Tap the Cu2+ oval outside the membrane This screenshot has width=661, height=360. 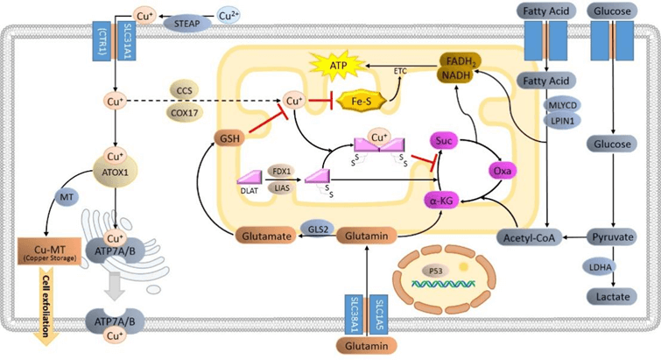click(x=230, y=16)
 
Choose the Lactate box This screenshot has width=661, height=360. click(x=609, y=299)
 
